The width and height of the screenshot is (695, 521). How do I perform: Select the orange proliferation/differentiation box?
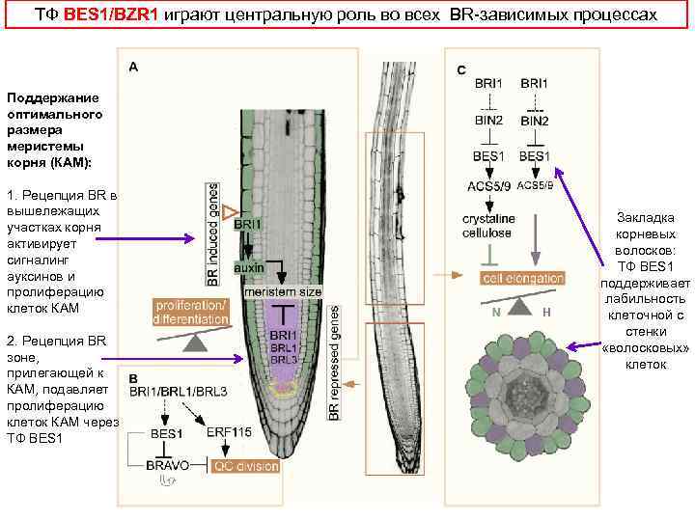click(x=191, y=313)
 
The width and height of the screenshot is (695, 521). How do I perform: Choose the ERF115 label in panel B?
click(x=230, y=433)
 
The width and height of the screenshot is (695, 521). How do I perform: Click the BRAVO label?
click(x=168, y=464)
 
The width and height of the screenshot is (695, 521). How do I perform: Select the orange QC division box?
click(x=245, y=465)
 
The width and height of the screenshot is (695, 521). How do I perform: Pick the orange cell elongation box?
click(x=523, y=278)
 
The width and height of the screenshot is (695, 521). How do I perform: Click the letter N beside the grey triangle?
click(x=495, y=311)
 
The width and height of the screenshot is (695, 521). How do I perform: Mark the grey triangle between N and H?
click(x=520, y=306)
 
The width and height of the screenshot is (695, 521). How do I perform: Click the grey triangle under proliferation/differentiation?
click(x=195, y=341)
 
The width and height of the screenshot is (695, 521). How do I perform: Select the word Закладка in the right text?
click(x=637, y=218)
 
